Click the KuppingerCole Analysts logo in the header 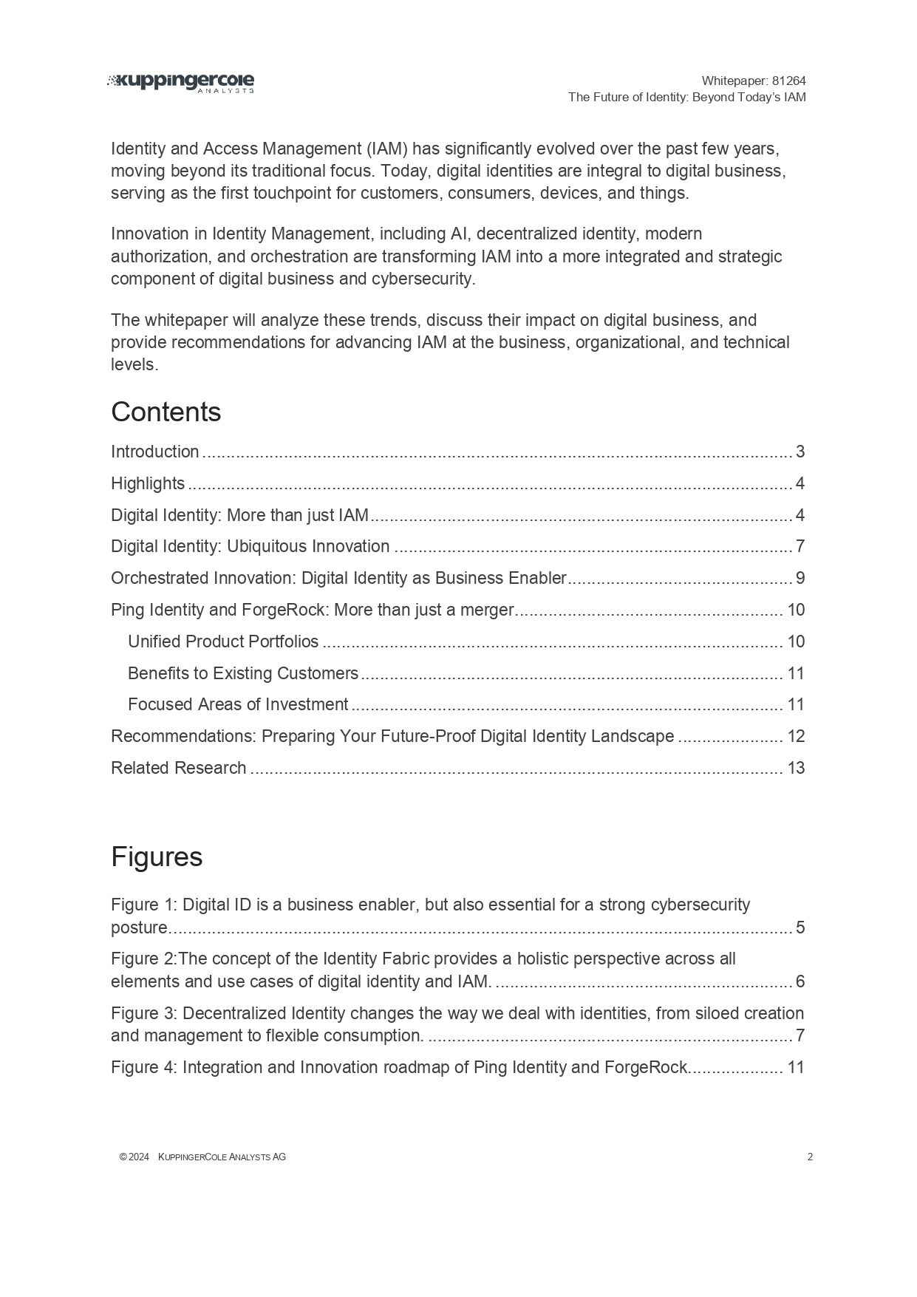tap(181, 83)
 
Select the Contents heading tap(166, 412)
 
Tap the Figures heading tap(157, 857)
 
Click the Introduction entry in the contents tap(154, 452)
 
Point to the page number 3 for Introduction tap(800, 452)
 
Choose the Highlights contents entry tap(148, 483)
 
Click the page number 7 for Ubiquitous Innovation tap(800, 547)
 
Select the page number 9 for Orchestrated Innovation tap(800, 578)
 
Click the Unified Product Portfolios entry tap(223, 641)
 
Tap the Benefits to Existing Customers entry tap(243, 673)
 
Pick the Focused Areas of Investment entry tap(238, 704)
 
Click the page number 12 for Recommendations tap(796, 736)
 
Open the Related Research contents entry tap(178, 768)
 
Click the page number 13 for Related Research tap(796, 768)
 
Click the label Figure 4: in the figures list tap(144, 1067)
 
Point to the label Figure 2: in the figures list tap(144, 959)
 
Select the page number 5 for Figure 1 tap(800, 927)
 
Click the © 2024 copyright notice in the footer tap(134, 1157)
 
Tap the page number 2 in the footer tap(810, 1157)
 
